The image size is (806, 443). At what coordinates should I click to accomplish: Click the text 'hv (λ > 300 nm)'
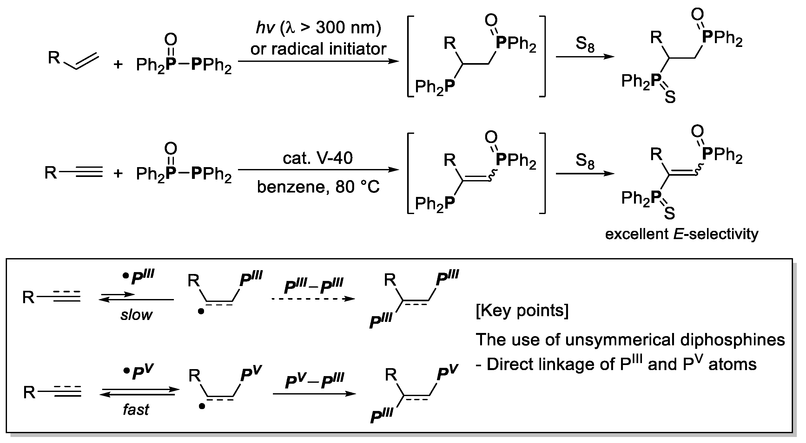pyautogui.click(x=318, y=28)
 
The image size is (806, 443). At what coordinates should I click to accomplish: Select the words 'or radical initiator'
pyautogui.click(x=318, y=49)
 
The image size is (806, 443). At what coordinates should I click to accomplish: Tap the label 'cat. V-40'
pyautogui.click(x=318, y=158)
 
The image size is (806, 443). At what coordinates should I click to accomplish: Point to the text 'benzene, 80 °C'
pyautogui.click(x=318, y=187)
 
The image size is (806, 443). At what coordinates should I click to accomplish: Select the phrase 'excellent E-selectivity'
pyautogui.click(x=682, y=234)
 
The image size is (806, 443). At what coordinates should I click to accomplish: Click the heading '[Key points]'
pyautogui.click(x=522, y=310)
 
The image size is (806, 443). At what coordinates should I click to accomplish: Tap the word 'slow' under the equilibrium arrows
pyautogui.click(x=136, y=315)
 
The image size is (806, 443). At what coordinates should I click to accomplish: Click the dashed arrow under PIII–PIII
pyautogui.click(x=313, y=299)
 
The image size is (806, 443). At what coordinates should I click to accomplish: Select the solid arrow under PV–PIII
pyautogui.click(x=314, y=394)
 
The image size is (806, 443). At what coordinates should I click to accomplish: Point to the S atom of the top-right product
pyautogui.click(x=670, y=97)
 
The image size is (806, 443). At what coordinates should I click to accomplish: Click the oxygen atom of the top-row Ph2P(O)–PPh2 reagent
pyautogui.click(x=170, y=40)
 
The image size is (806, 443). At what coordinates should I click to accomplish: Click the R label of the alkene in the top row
pyautogui.click(x=54, y=58)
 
